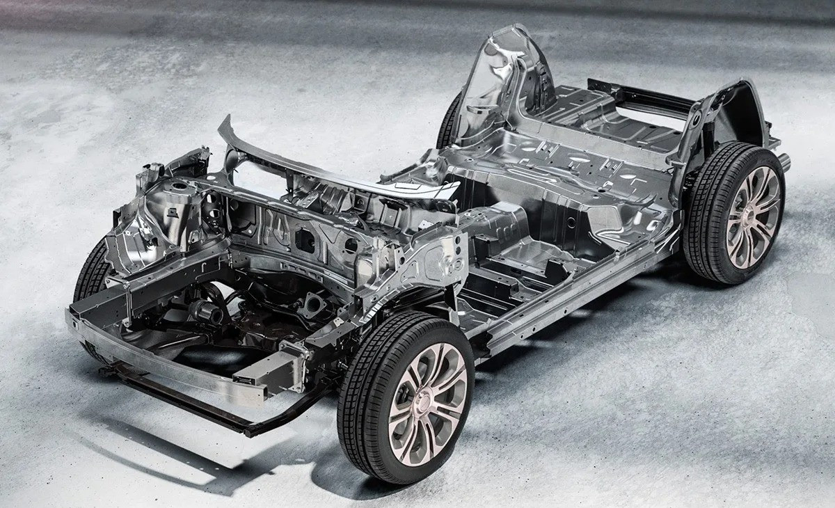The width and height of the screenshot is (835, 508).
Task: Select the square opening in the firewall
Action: [303, 238]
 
